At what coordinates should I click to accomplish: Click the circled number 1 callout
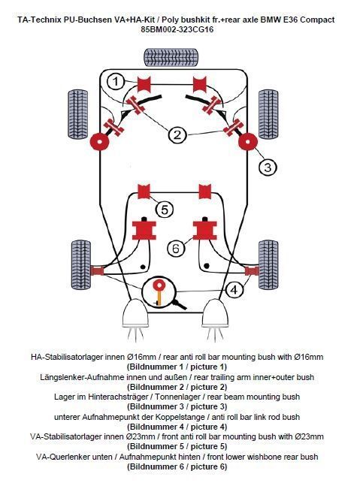tap(116, 82)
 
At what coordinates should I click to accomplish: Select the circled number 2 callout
tap(177, 135)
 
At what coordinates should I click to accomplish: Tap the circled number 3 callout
tap(268, 167)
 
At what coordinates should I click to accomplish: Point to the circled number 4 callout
tap(234, 290)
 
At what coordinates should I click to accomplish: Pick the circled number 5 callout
tap(165, 210)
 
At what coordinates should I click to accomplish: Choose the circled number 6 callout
tap(175, 249)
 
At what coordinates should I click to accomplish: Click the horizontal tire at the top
tap(171, 57)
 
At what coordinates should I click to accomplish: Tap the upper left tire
tap(78, 114)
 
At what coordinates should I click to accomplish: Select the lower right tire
tap(268, 265)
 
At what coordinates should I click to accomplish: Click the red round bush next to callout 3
tap(248, 142)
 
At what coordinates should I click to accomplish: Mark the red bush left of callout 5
tap(144, 191)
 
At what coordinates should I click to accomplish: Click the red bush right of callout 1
tap(144, 84)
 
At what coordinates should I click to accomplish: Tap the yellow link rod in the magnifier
tap(159, 296)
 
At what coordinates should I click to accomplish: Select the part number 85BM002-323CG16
tap(177, 29)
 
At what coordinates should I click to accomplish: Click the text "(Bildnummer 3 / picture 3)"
tap(177, 406)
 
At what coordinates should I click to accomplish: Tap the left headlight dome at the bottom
tap(135, 313)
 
